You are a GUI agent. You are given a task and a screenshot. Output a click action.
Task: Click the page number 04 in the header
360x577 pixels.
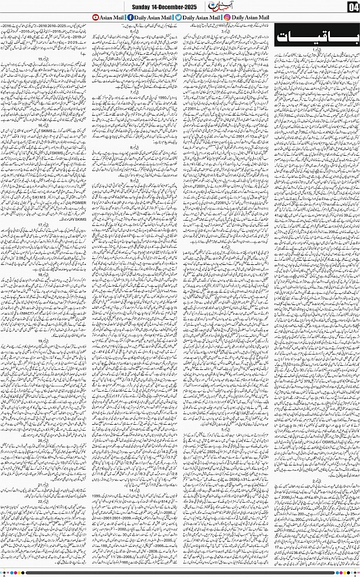(x=353, y=7)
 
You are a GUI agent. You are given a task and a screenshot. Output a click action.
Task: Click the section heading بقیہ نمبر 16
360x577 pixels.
(x=44, y=126)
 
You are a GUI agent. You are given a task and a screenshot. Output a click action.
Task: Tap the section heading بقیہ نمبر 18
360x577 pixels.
(x=44, y=275)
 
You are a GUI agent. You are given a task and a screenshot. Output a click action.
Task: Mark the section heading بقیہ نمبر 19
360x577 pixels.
(x=44, y=341)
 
